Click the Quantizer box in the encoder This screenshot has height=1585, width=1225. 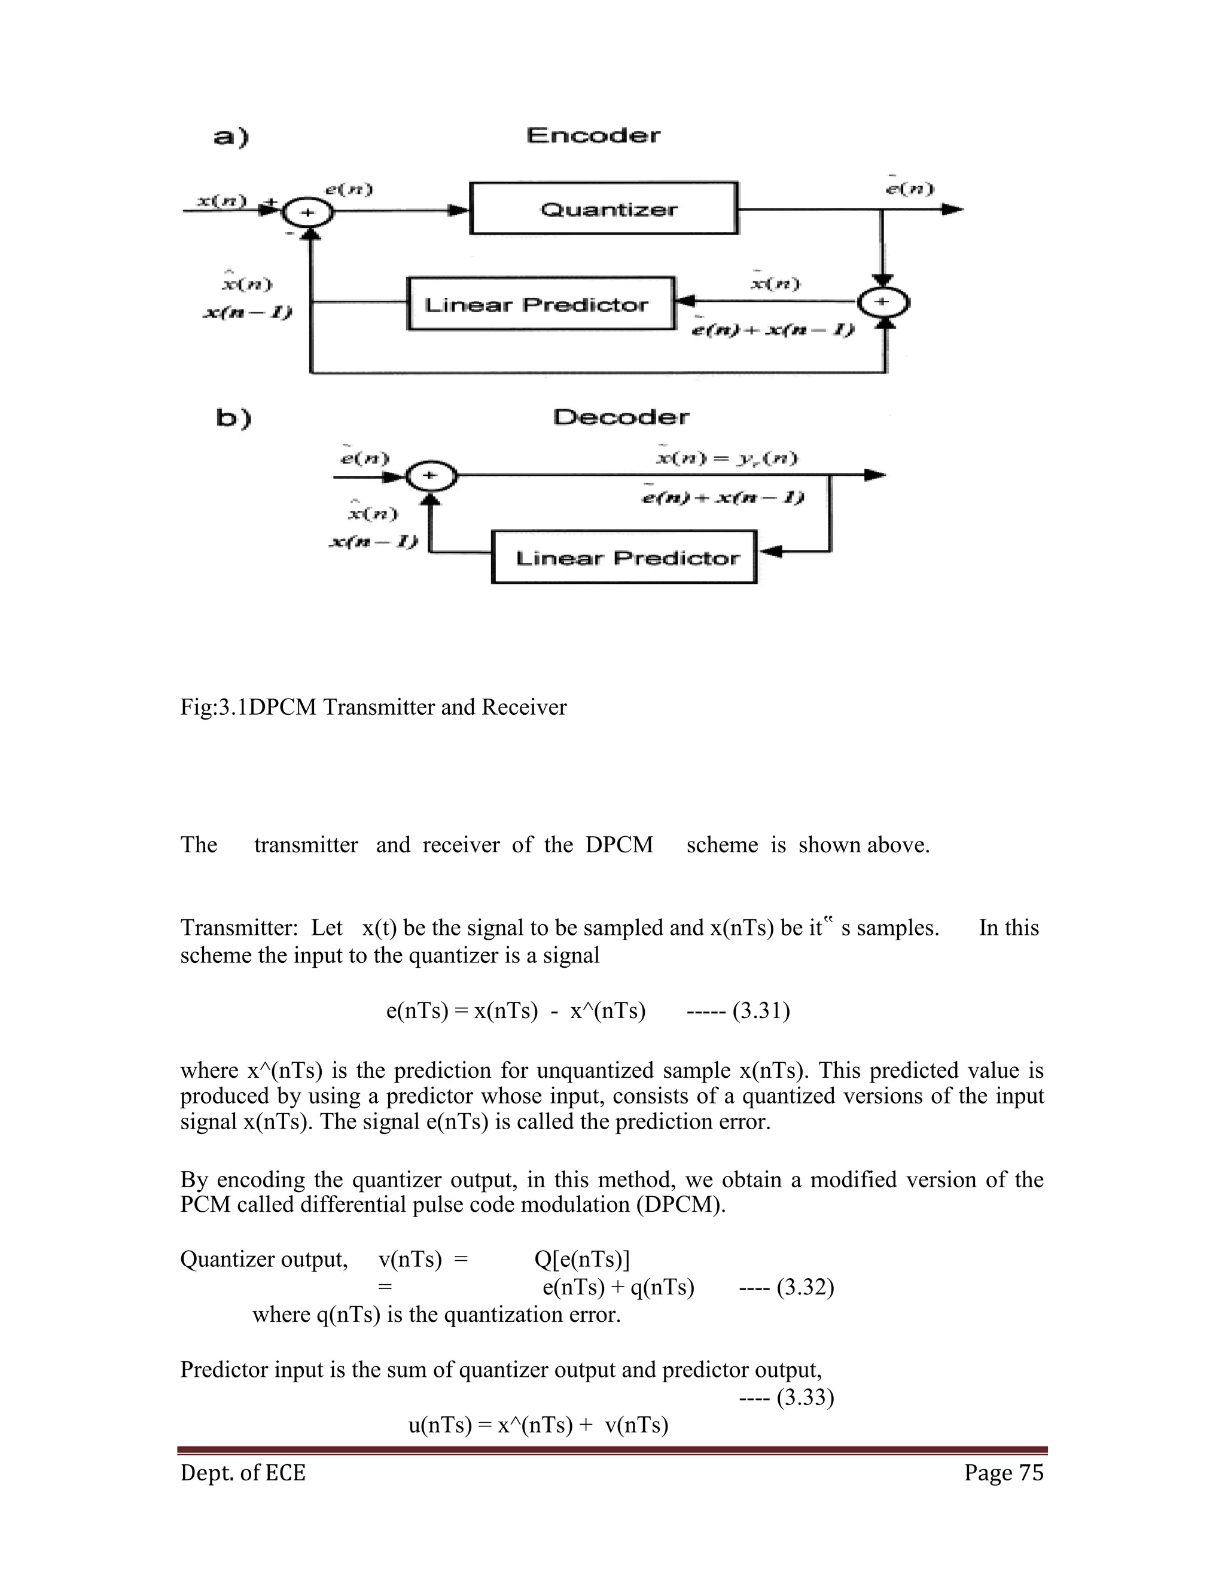pos(604,209)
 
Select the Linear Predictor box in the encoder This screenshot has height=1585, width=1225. pos(541,303)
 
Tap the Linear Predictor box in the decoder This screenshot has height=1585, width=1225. pos(624,557)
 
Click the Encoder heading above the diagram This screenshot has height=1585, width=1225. pos(593,136)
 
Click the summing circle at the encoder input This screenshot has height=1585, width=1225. pos(307,212)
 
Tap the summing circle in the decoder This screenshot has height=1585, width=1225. pos(429,476)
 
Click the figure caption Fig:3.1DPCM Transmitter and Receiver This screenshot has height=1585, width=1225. pos(373,707)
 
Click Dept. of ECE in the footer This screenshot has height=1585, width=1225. pos(243,1473)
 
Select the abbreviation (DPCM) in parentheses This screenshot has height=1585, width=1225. pos(681,1205)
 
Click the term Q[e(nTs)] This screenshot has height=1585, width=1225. pos(582,1259)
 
